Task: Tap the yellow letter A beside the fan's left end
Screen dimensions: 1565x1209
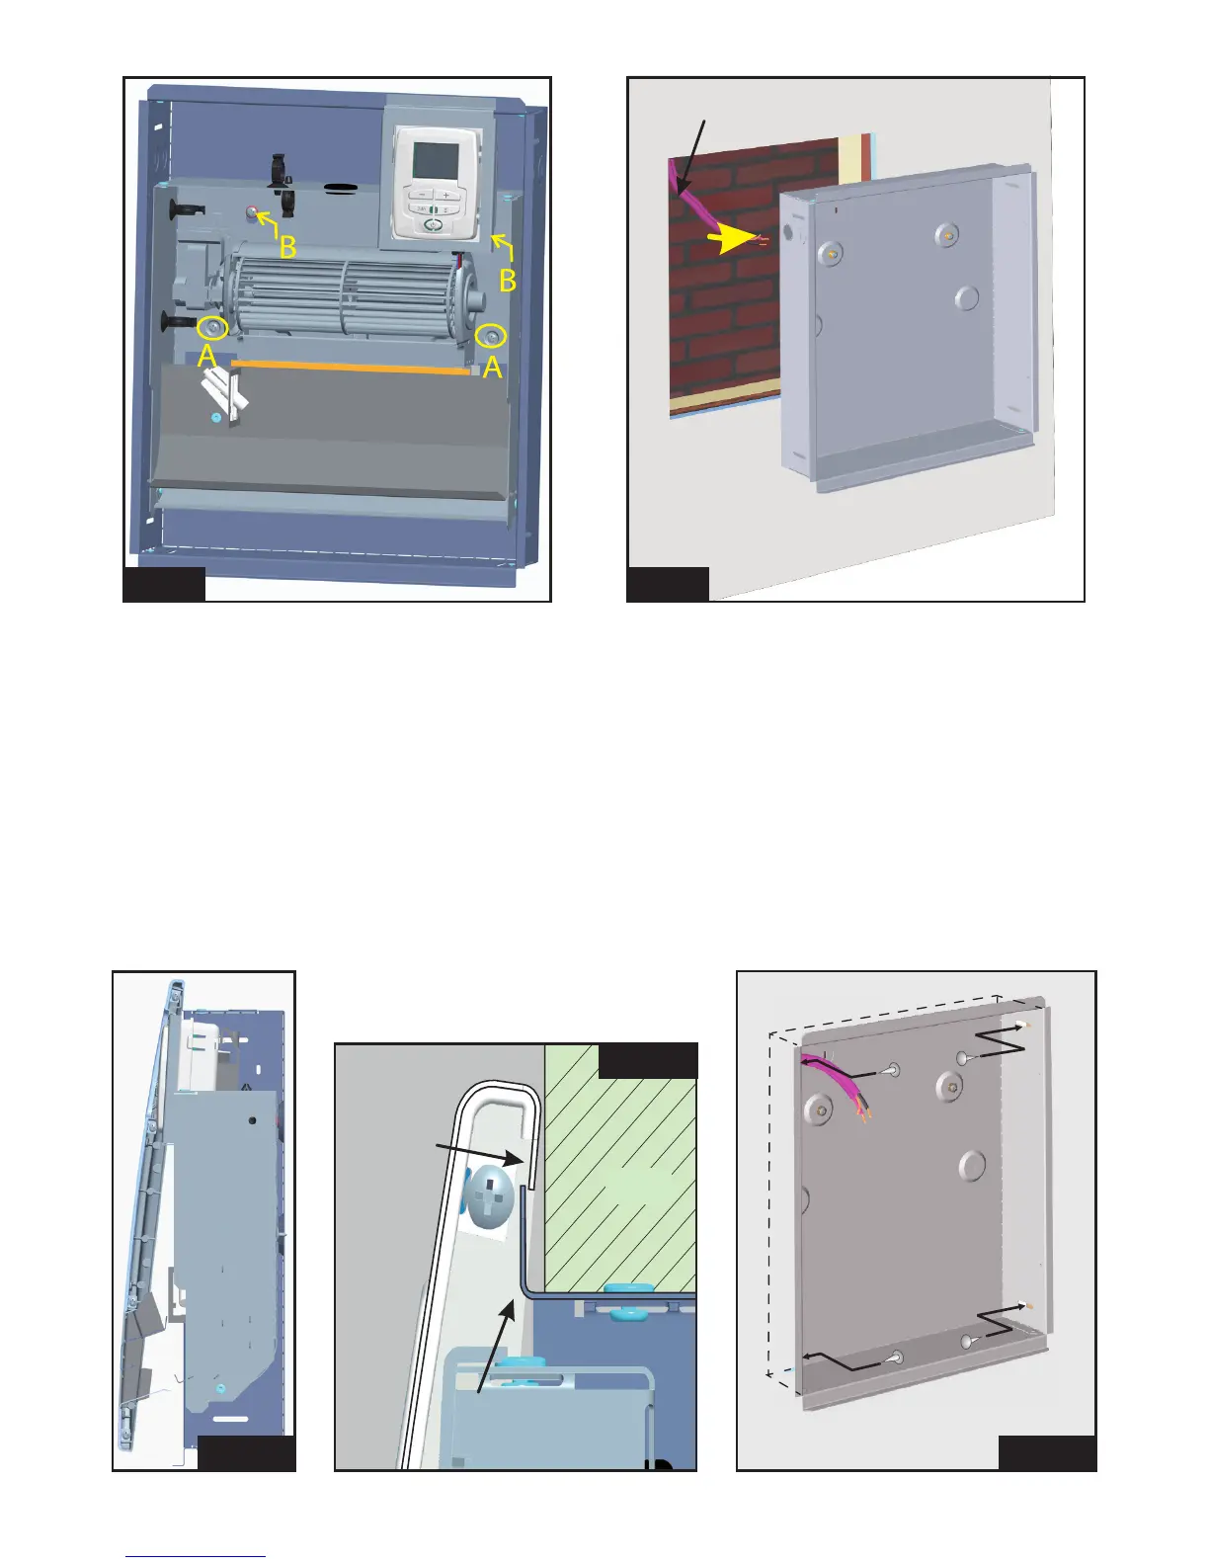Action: (x=206, y=356)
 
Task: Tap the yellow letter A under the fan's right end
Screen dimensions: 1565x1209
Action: (x=491, y=368)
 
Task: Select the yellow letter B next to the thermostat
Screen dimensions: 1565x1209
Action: (x=508, y=281)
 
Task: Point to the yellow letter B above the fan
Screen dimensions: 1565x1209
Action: (x=286, y=247)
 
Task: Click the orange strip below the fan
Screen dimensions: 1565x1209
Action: (x=350, y=367)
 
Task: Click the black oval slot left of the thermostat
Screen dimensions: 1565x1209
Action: (x=343, y=186)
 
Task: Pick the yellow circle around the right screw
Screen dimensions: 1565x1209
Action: (x=493, y=336)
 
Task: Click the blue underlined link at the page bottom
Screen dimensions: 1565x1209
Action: (x=196, y=1557)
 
